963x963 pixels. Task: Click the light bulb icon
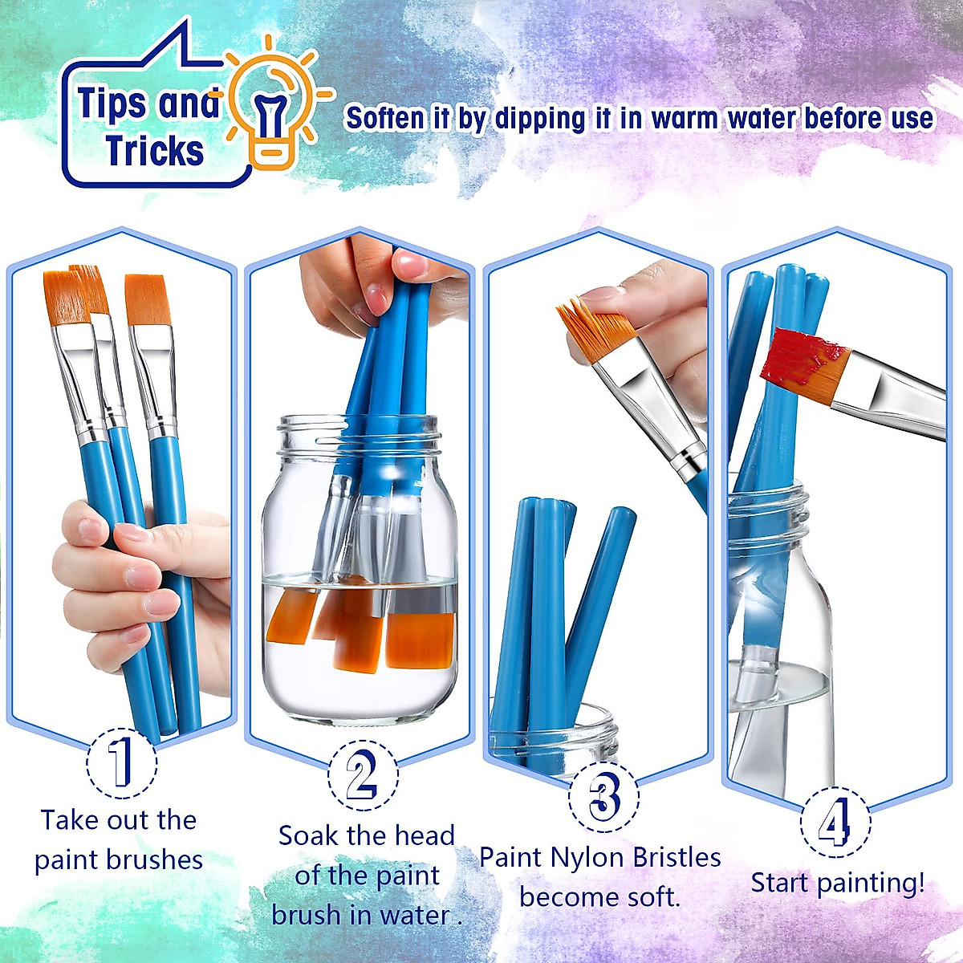tap(273, 108)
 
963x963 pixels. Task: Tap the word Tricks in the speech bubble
tap(154, 151)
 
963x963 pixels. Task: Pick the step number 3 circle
tap(603, 797)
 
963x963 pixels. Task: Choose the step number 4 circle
tap(835, 823)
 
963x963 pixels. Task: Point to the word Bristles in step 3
tap(677, 857)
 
